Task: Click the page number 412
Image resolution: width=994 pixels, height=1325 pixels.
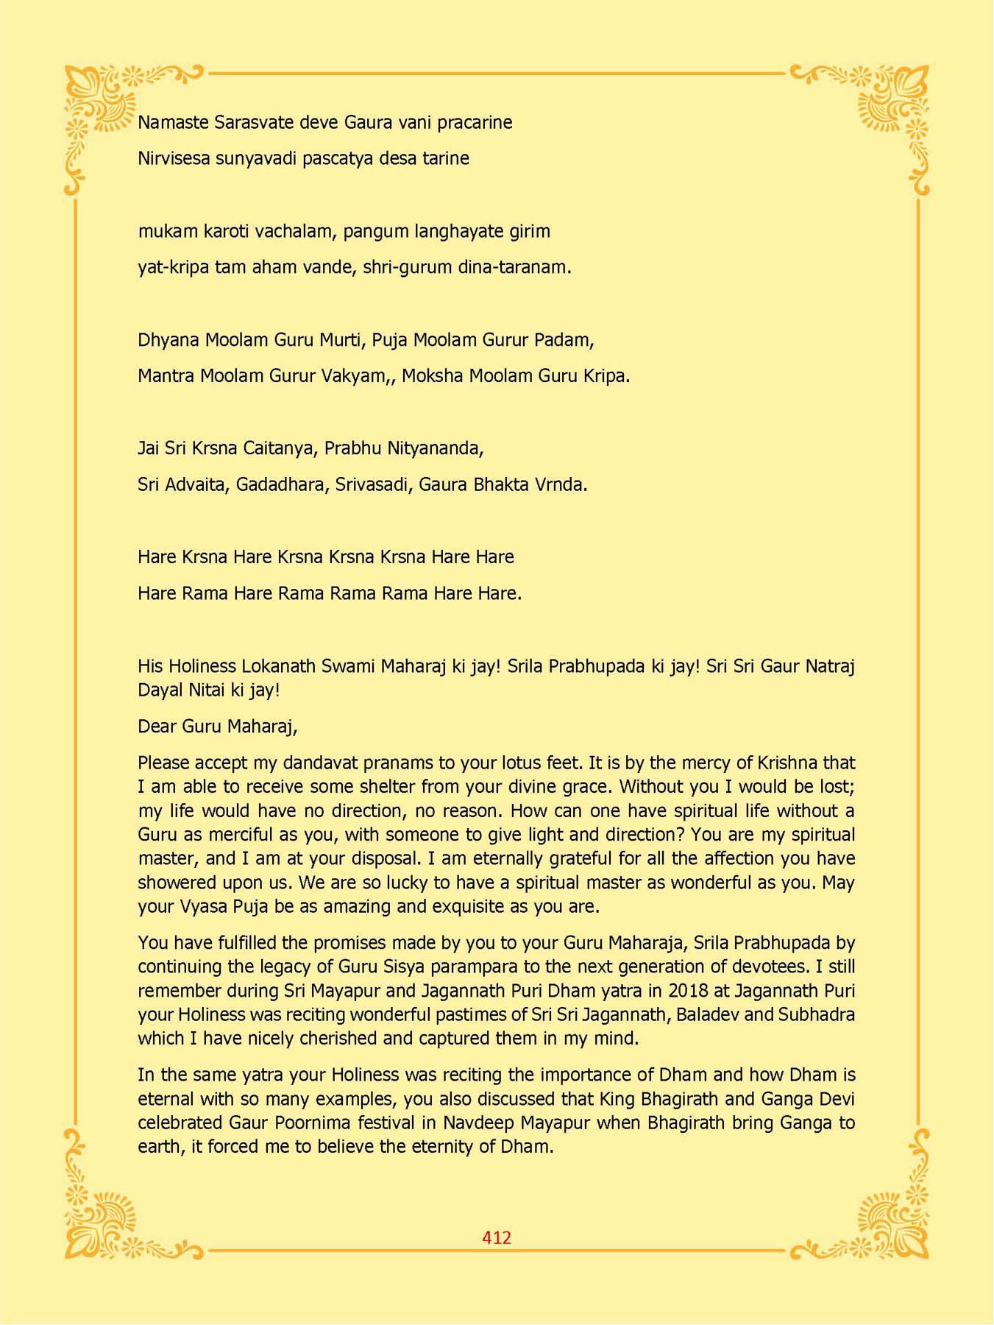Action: (497, 1237)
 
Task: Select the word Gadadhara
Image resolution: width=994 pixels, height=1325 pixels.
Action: (282, 485)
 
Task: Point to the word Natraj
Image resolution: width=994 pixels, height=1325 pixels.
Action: (830, 666)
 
